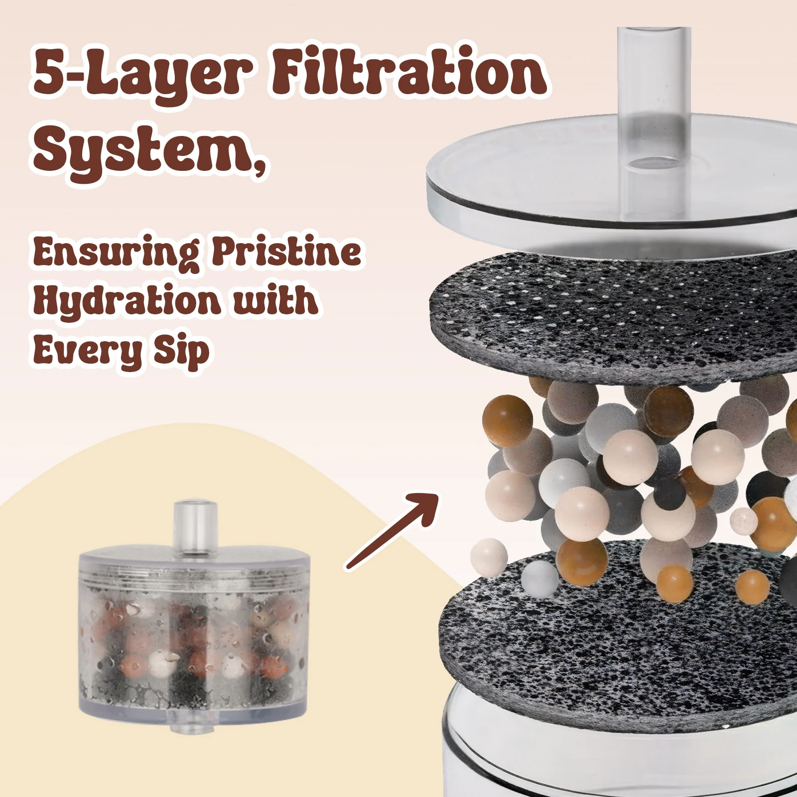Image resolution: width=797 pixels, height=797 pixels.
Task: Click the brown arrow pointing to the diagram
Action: (x=393, y=531)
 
